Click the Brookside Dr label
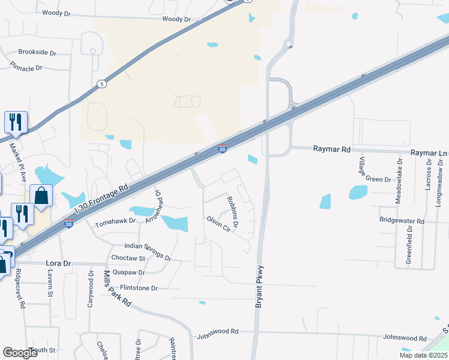pos(37,52)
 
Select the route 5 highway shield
pos(102,84)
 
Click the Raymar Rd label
pos(330,149)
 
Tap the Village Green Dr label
pos(375,170)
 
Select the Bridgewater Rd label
pos(402,221)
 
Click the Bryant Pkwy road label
pos(259,287)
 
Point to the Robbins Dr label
pos(232,212)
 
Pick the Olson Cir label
pos(218,224)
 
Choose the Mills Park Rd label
pos(116,289)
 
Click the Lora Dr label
pos(58,263)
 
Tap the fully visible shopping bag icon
pos(41,196)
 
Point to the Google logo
pos(21,353)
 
